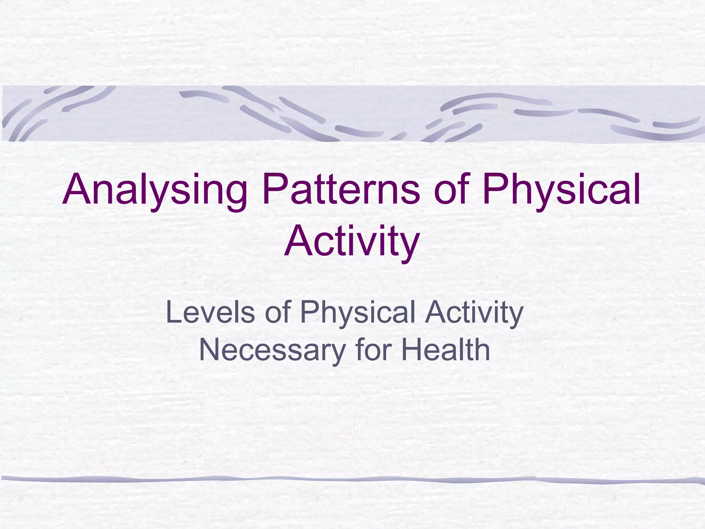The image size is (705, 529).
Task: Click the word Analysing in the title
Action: coord(155,190)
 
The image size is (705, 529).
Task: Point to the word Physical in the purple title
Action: coord(561,190)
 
